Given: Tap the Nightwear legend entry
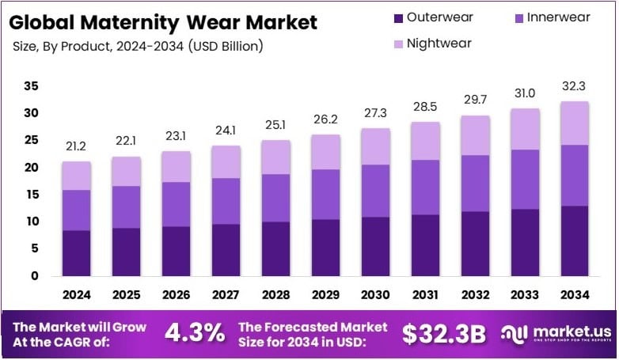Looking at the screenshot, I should (x=436, y=43).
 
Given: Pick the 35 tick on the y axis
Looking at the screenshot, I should (x=31, y=86).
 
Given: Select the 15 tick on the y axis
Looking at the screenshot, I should (x=31, y=195).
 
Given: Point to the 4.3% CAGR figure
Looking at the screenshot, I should (x=194, y=333).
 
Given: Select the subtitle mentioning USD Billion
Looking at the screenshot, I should (x=139, y=46).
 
